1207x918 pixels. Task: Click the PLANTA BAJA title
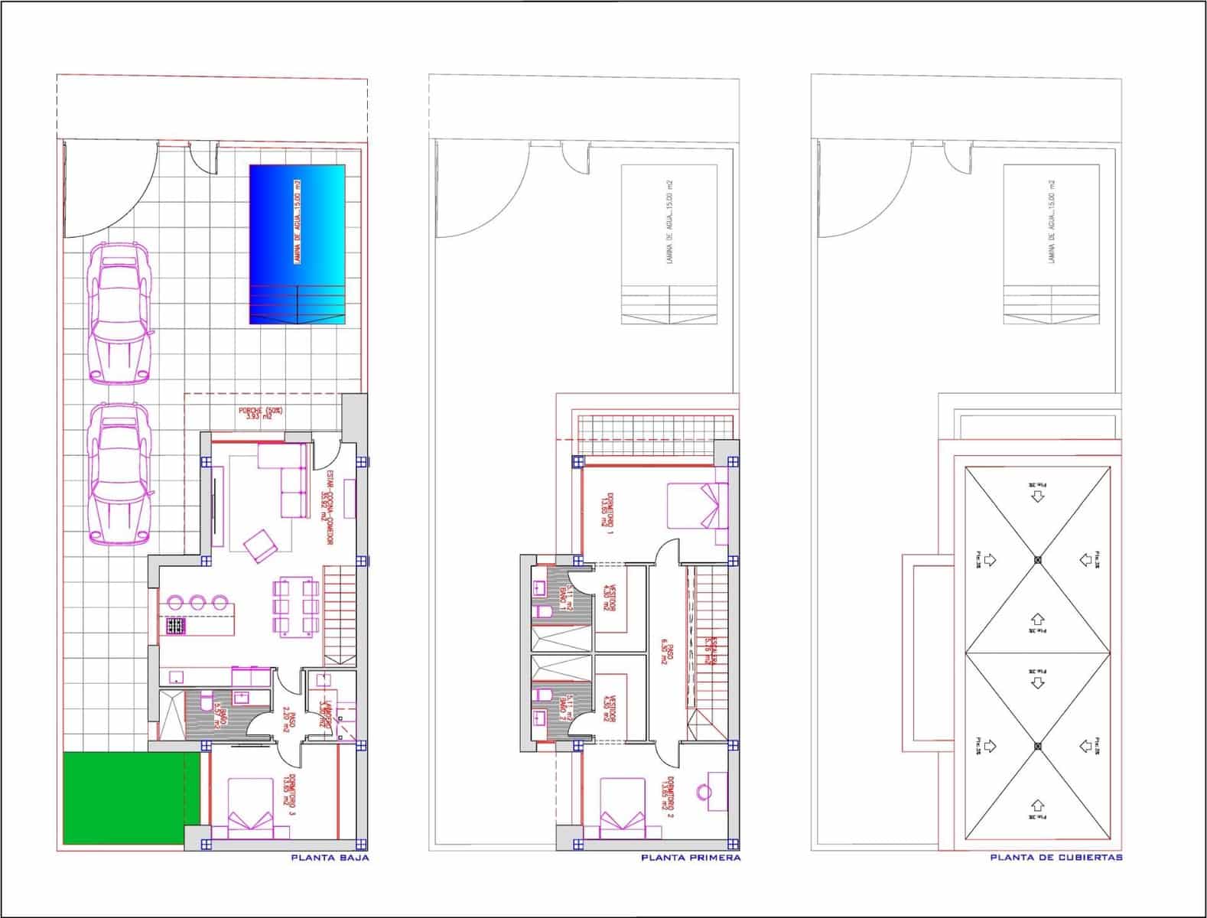[330, 858]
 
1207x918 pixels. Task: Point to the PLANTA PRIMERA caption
[691, 858]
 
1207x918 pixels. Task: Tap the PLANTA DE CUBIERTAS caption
[1056, 858]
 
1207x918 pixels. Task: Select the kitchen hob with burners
[177, 627]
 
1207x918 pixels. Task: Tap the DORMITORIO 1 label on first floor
[606, 511]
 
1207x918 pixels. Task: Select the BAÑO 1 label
[565, 596]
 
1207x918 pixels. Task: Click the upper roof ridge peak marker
[1037, 559]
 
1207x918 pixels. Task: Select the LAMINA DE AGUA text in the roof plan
[1052, 223]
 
